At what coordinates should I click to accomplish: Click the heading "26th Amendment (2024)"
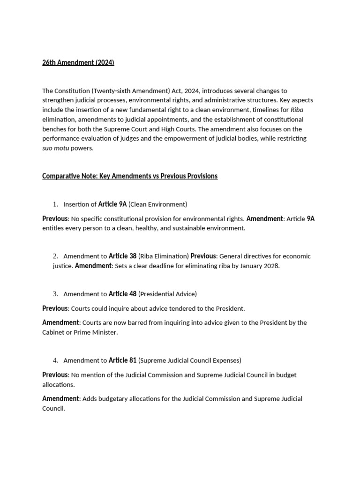[78, 63]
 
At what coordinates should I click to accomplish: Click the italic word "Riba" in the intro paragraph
[297, 110]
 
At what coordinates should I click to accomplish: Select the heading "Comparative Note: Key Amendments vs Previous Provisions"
[130, 176]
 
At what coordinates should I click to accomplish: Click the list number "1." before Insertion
[55, 204]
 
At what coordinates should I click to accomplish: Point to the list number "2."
[55, 256]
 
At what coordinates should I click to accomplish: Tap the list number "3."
[55, 294]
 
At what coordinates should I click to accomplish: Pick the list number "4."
[55, 360]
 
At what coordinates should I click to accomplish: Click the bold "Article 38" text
[122, 256]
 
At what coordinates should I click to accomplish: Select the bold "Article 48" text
[122, 294]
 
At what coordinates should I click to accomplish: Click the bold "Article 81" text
[122, 360]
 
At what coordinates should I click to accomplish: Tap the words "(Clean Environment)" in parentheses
[158, 204]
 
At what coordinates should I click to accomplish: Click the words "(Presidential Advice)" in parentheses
[168, 294]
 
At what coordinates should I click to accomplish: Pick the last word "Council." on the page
[53, 408]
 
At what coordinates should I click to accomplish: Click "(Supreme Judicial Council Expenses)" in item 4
[190, 360]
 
